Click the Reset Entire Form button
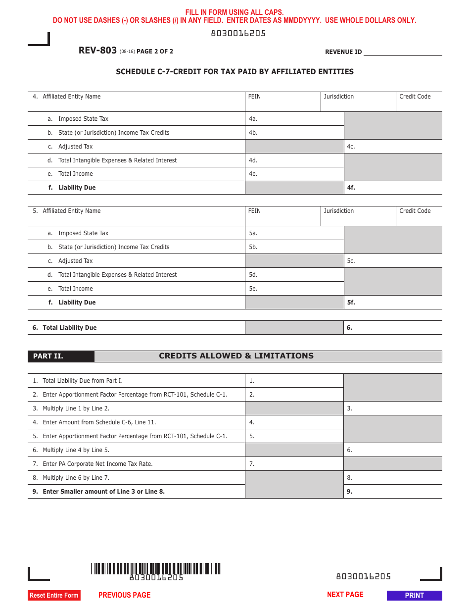54,595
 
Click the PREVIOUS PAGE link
124,595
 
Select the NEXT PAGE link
345,595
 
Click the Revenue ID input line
403,51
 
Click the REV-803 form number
97,51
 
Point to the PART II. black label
61,356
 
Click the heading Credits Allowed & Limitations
236,356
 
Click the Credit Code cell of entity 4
419,102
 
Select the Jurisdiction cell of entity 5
358,216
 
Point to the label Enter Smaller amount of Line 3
103,492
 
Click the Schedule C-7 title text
235,72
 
